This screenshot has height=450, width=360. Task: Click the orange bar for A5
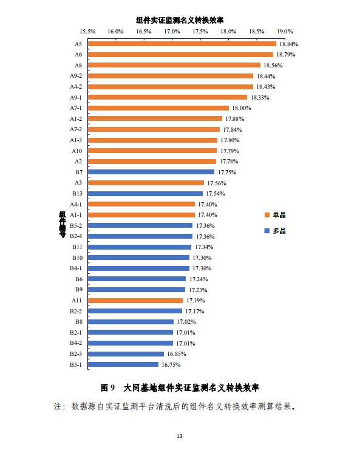click(182, 44)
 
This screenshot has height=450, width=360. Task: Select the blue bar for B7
click(151, 172)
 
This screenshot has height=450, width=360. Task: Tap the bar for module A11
click(135, 300)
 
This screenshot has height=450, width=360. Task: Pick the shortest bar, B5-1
click(123, 364)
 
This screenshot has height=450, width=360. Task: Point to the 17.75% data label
click(227, 172)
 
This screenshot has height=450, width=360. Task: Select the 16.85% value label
click(177, 354)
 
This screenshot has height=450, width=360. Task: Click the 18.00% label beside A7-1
click(241, 108)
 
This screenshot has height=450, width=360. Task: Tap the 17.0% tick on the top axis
click(172, 31)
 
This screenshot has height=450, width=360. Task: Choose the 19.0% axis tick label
click(285, 31)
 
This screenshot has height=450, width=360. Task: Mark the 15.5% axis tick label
click(88, 31)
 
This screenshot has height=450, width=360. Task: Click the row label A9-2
click(76, 76)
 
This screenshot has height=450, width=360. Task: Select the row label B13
click(77, 193)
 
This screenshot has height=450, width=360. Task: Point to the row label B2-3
click(76, 353)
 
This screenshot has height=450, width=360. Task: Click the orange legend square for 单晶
click(267, 216)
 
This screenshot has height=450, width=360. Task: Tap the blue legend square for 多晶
click(267, 231)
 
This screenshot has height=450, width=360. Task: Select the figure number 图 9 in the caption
click(107, 387)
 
